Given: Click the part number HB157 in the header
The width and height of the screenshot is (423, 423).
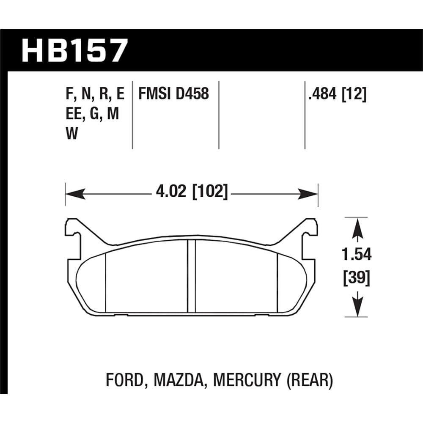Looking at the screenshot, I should click(x=74, y=51).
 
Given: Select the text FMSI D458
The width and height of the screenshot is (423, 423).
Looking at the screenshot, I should click(x=174, y=93).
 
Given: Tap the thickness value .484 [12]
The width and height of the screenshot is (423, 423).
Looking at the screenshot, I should click(x=337, y=93).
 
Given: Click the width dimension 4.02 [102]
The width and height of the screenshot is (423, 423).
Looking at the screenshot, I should click(x=192, y=193).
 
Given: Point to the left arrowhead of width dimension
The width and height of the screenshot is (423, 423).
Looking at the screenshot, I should click(x=74, y=194).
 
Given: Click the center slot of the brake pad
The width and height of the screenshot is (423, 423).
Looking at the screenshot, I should click(x=191, y=277).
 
